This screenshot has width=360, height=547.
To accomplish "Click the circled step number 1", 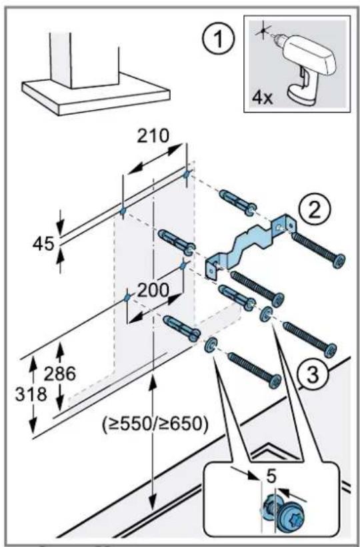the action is pyautogui.click(x=219, y=40).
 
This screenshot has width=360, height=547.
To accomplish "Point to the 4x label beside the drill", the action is pyautogui.click(x=262, y=98).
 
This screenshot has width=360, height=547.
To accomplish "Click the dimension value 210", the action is pyautogui.click(x=153, y=135).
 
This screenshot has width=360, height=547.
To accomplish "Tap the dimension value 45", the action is pyautogui.click(x=43, y=243).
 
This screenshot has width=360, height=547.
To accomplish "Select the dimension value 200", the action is pyautogui.click(x=152, y=290).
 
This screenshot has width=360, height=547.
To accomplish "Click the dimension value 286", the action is pyautogui.click(x=59, y=374).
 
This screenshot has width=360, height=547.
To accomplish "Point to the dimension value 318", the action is pyautogui.click(x=31, y=394).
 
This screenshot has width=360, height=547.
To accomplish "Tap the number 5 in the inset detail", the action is pyautogui.click(x=272, y=476).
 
